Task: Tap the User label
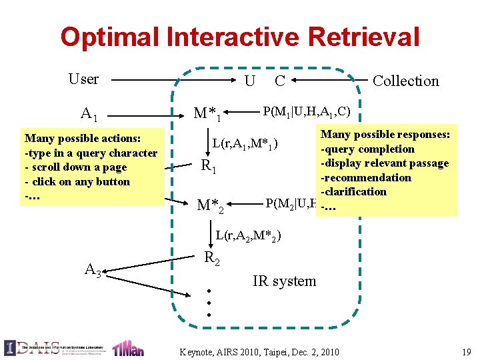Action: [x=83, y=79]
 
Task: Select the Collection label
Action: [x=405, y=81]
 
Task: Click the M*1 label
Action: [x=207, y=114]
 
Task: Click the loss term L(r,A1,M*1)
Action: [x=245, y=143]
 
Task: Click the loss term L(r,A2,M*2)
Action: [x=248, y=235]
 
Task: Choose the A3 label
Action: [x=94, y=269]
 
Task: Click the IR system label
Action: [x=285, y=281]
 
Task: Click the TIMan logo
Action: [x=128, y=347]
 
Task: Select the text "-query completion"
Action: [x=367, y=149]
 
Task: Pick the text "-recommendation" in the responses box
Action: [x=366, y=177]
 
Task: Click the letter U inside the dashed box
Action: [x=249, y=81]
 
